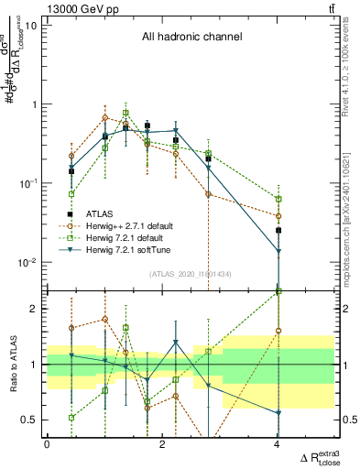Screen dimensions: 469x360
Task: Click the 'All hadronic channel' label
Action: point(191,38)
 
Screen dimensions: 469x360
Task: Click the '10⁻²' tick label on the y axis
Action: point(27,263)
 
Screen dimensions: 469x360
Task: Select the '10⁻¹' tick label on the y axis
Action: point(27,183)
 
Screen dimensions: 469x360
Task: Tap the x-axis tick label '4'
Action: point(278,444)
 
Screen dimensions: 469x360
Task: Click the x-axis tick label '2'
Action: point(162,444)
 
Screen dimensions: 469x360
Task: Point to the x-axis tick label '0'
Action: point(47,444)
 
